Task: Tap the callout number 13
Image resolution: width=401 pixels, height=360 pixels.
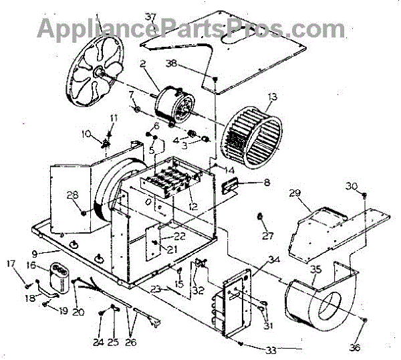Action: click(271, 98)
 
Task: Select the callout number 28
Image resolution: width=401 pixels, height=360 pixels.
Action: click(72, 195)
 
